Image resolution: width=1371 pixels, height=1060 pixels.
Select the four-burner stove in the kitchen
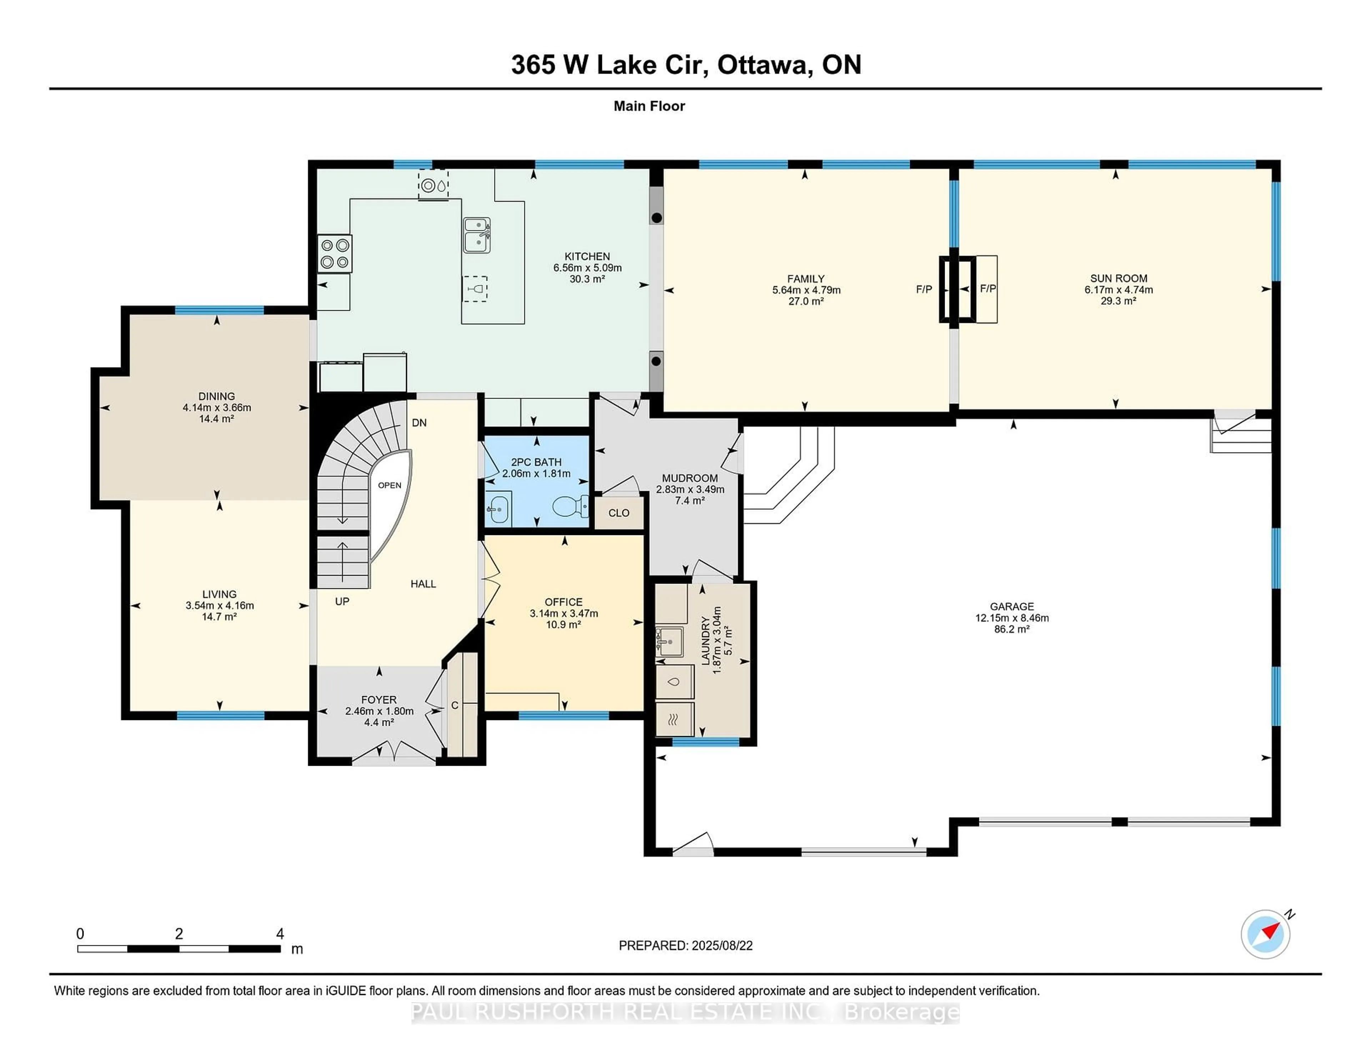click(x=335, y=254)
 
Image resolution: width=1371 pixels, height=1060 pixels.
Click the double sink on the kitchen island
click(x=477, y=235)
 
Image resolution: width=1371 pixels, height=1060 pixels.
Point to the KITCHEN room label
click(x=587, y=256)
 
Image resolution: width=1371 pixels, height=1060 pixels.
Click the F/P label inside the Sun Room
click(x=988, y=289)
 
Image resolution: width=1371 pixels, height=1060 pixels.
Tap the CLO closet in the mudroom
click(x=619, y=513)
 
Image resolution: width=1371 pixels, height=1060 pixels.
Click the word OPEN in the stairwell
click(x=389, y=485)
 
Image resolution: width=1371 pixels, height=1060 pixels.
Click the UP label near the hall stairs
click(x=342, y=601)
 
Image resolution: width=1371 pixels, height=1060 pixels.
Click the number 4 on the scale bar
click(x=280, y=934)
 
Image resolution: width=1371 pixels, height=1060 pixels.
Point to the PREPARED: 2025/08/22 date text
click(x=685, y=946)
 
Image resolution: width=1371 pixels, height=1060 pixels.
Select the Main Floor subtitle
click(x=649, y=106)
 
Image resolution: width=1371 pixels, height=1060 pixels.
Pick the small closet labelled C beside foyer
click(x=455, y=706)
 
